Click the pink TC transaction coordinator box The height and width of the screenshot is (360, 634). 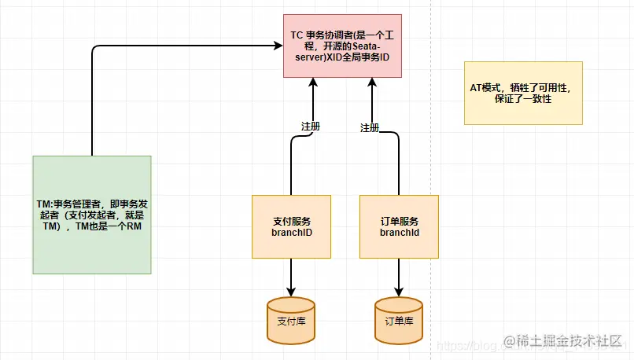(342, 46)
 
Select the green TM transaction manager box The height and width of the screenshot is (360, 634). (92, 215)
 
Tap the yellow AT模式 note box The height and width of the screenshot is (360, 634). (523, 93)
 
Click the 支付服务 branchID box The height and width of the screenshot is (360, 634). (292, 226)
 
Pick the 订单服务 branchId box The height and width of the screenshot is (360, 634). (399, 226)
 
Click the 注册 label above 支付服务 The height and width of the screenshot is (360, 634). (311, 126)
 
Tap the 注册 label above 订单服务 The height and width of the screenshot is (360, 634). (370, 127)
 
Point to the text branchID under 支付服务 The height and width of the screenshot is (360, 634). (292, 233)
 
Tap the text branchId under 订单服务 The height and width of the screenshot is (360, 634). (399, 233)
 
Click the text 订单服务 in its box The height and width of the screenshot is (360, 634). (399, 221)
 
